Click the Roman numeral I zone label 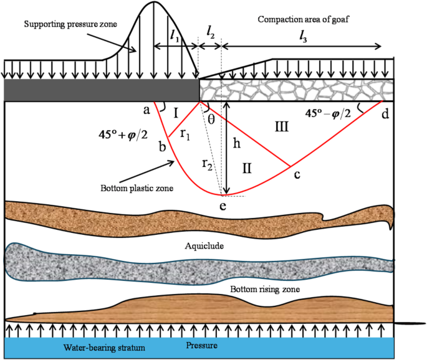176,113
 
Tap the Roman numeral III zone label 281,126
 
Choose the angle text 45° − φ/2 337,113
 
